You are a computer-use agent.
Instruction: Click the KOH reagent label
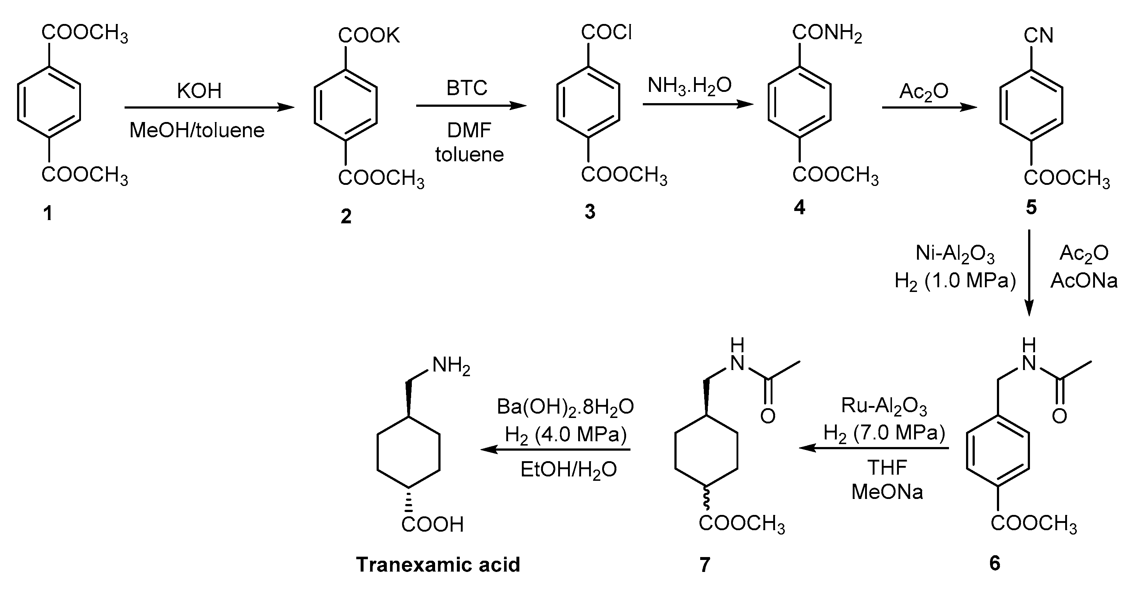coord(199,91)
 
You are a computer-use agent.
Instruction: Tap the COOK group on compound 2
coord(369,35)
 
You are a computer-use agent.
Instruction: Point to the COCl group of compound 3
coord(606,32)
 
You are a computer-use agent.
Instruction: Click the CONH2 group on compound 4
coord(827,33)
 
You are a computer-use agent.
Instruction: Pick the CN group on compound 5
coord(1038,35)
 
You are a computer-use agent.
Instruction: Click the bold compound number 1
coord(48,214)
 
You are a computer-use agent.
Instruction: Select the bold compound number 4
coord(799,207)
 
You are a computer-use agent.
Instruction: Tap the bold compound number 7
coord(705,565)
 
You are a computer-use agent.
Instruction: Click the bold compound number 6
coord(994,563)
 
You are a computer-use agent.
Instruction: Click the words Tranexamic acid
coord(438,565)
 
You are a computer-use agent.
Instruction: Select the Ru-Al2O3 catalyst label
coord(884,406)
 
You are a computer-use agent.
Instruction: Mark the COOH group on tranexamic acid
coord(433,524)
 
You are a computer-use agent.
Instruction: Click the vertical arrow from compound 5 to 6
coord(1029,272)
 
